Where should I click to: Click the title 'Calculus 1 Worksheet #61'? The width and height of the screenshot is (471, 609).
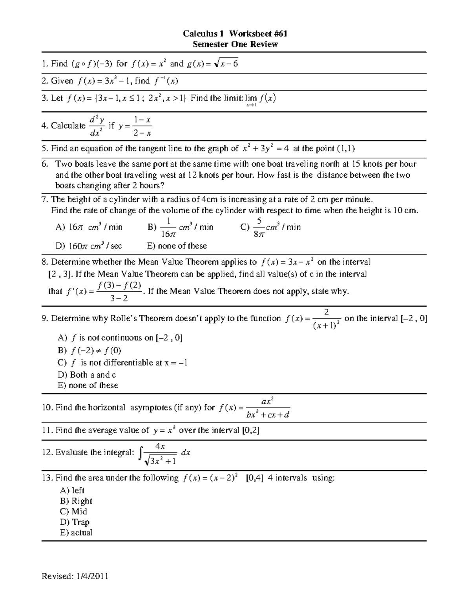235,34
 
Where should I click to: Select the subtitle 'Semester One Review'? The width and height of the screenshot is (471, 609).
235,44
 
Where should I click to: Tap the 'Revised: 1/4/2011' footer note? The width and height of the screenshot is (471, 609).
75,576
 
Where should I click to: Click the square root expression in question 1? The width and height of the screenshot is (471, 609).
225,64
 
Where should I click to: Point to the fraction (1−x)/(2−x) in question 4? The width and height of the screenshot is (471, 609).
142,126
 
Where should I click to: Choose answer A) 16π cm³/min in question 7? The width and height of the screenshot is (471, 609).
89,227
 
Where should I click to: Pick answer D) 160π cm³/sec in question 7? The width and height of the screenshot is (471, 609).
89,246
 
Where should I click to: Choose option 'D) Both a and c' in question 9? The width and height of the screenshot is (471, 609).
87,374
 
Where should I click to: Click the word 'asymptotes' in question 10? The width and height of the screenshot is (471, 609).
151,407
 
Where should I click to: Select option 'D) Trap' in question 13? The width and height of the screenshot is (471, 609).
75,522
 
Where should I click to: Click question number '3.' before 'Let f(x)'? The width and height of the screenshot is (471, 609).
44,98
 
